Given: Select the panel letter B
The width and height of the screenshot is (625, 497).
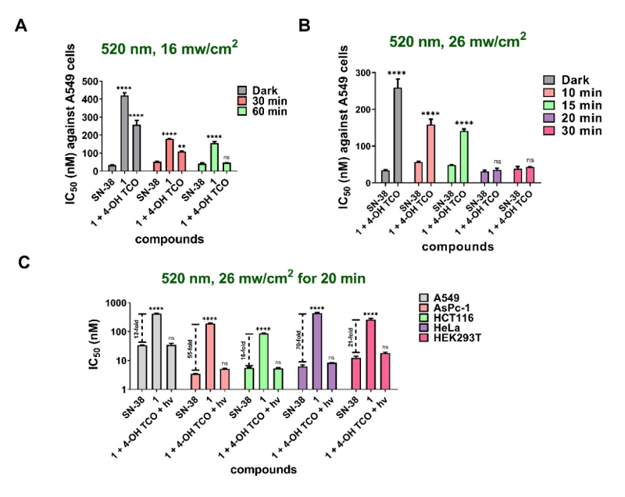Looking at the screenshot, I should tap(306, 26).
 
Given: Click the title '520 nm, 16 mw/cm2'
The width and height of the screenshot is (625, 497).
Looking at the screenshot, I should tap(169, 48).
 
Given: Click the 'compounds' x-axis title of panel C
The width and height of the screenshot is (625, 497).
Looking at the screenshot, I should tap(264, 470).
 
